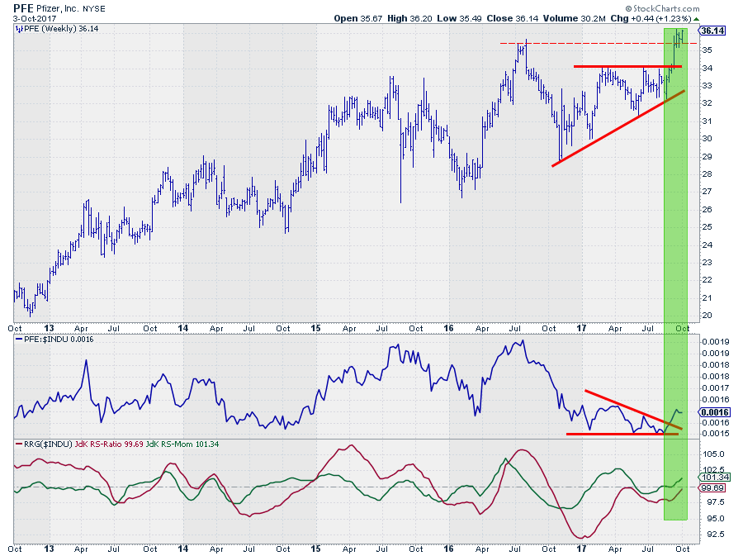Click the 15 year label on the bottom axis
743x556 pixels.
coord(316,548)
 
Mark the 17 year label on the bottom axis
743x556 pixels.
coord(582,548)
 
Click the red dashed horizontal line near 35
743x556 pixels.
coord(578,43)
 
